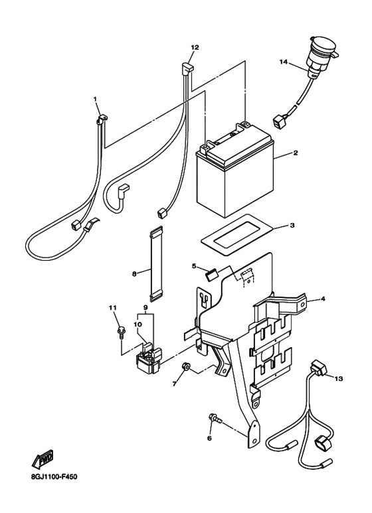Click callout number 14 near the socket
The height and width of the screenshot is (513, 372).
pyautogui.click(x=283, y=62)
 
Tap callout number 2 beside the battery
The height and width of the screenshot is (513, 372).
pyautogui.click(x=296, y=153)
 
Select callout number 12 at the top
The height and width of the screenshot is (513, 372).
pyautogui.click(x=195, y=47)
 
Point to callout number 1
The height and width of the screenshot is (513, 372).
pyautogui.click(x=95, y=98)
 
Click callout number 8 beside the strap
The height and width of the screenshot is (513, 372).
pyautogui.click(x=134, y=273)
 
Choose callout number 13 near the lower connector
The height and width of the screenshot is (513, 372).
pyautogui.click(x=339, y=378)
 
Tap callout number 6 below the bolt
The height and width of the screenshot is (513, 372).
pyautogui.click(x=209, y=438)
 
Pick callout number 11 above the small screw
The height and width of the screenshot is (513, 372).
pyautogui.click(x=113, y=307)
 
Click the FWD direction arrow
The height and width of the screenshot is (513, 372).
pyautogui.click(x=43, y=460)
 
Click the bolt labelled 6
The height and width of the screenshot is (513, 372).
pyautogui.click(x=215, y=419)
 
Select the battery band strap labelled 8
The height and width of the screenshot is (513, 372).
pyautogui.click(x=155, y=263)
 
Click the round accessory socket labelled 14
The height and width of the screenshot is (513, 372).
pyautogui.click(x=316, y=60)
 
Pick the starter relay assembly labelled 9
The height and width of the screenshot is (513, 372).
pyautogui.click(x=149, y=360)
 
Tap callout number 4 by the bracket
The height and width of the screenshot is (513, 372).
pyautogui.click(x=323, y=299)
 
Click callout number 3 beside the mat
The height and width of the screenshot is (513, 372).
pyautogui.click(x=292, y=226)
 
